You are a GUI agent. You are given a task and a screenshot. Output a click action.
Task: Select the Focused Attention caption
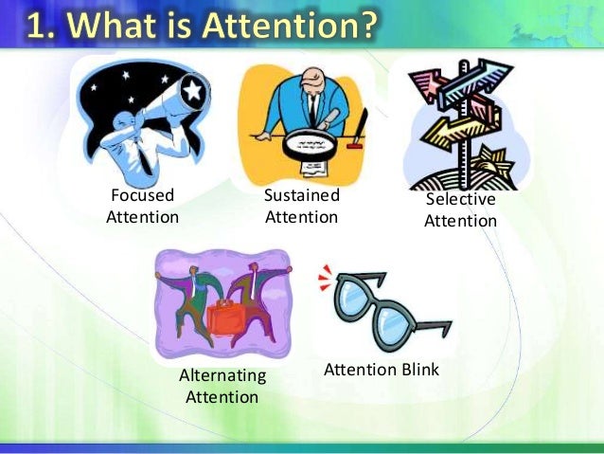(143, 207)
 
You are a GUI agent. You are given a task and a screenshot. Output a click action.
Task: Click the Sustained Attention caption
(301, 207)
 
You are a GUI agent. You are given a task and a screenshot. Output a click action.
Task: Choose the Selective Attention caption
(460, 209)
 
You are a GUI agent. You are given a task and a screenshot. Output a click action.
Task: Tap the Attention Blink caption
(382, 369)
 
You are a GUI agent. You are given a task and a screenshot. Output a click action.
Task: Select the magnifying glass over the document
(311, 143)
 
